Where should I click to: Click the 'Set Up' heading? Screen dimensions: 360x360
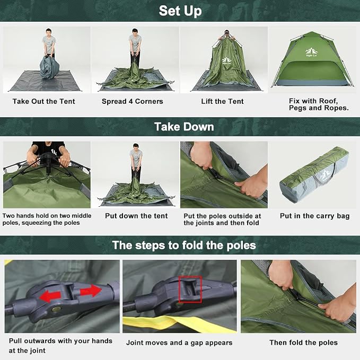180,11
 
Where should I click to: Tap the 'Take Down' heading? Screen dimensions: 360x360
184,127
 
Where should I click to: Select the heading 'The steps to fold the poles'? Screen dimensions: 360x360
184,245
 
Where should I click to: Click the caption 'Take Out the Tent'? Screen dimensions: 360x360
44,101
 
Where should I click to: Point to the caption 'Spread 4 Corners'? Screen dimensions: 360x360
133,101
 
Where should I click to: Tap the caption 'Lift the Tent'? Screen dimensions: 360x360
222,101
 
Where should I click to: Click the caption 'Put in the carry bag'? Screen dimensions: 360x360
314,216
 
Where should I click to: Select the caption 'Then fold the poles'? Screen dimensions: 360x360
303,343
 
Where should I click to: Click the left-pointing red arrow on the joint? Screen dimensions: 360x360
50,296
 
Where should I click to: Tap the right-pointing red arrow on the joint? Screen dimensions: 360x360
91,291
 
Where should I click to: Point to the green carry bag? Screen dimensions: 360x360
314,174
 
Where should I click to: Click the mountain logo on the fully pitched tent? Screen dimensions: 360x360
311,52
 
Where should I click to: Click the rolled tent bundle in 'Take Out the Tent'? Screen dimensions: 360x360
50,67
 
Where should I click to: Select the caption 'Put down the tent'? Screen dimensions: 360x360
136,216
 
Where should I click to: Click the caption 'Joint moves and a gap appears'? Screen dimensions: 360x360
179,343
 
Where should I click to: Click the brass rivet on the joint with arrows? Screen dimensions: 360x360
56,309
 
